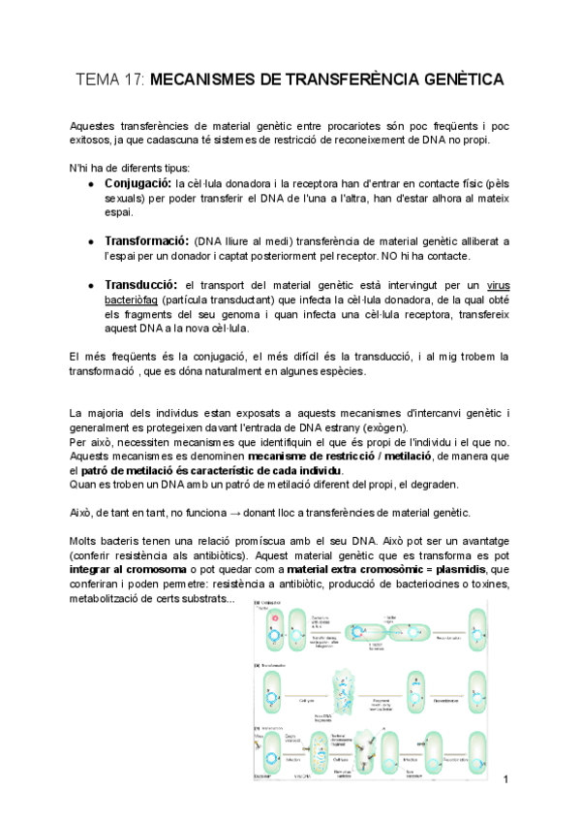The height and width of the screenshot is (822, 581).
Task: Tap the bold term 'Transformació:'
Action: click(x=146, y=240)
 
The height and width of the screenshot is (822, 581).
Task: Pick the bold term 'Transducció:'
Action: click(x=140, y=285)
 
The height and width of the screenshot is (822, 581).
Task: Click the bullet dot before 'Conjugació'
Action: click(x=91, y=183)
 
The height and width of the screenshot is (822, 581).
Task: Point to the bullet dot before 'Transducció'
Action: click(x=91, y=286)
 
